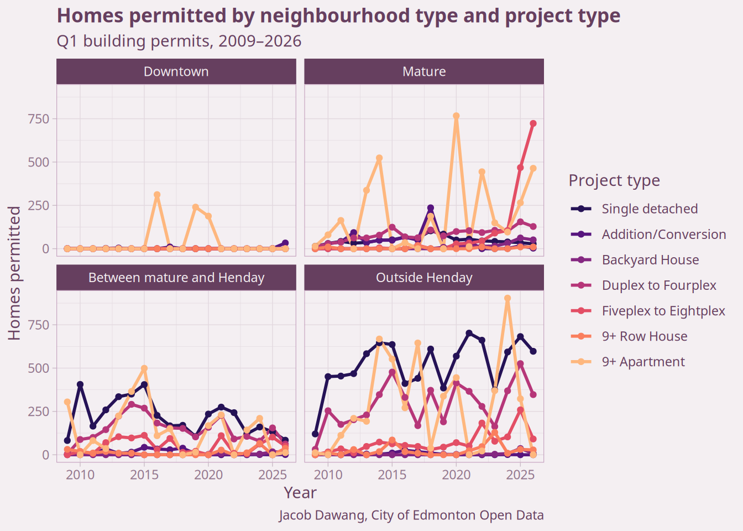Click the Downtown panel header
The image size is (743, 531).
click(176, 72)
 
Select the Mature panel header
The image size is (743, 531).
click(424, 72)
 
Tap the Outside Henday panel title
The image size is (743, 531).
click(424, 278)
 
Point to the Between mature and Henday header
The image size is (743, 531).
click(176, 278)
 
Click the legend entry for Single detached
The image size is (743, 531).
click(650, 209)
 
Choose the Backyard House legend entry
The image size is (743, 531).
click(650, 260)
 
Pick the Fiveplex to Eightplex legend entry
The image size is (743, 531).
click(663, 311)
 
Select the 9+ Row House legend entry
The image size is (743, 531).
click(644, 336)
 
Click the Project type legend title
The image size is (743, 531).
click(614, 180)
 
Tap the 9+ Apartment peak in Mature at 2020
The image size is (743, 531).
click(456, 116)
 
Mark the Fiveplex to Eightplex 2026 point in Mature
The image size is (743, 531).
click(533, 124)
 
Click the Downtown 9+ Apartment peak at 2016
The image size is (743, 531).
click(157, 195)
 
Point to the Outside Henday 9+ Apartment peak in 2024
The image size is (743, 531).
click(507, 299)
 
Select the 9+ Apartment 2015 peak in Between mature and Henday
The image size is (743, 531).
click(144, 368)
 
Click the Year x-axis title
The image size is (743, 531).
click(300, 493)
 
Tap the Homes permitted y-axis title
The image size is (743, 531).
click(14, 273)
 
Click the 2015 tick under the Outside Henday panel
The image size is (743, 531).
click(392, 475)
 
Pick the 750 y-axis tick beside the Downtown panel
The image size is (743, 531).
click(39, 119)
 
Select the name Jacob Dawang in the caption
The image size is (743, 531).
click(322, 516)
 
